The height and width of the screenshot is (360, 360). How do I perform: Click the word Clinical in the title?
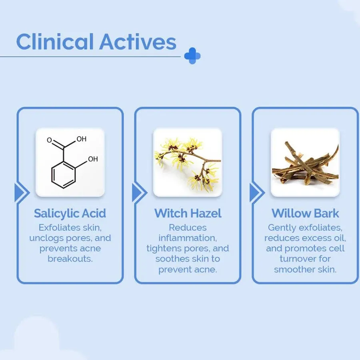click(x=54, y=42)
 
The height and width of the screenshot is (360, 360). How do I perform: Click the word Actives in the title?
click(x=138, y=42)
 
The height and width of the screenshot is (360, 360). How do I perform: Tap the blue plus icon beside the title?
click(x=192, y=56)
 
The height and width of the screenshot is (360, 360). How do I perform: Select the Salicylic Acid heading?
click(x=70, y=213)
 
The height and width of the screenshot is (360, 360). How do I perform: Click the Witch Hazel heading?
click(x=188, y=213)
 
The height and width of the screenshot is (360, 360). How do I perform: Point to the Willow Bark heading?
click(x=305, y=213)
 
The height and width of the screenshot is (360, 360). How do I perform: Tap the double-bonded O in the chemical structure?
click(x=49, y=140)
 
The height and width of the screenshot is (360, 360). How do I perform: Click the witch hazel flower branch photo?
click(x=187, y=162)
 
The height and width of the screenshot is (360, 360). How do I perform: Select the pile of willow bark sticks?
click(x=305, y=162)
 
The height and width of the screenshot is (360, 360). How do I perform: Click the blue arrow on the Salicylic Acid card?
click(x=19, y=193)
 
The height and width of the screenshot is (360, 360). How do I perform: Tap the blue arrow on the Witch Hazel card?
click(x=137, y=193)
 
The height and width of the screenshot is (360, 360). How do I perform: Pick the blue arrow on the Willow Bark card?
click(x=254, y=193)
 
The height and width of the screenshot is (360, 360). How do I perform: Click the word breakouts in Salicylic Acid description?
click(x=70, y=259)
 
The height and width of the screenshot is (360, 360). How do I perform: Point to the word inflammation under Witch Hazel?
click(x=188, y=238)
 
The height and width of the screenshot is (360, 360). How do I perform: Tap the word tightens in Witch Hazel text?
click(x=164, y=248)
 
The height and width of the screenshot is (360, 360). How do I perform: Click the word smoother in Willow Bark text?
click(x=295, y=269)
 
